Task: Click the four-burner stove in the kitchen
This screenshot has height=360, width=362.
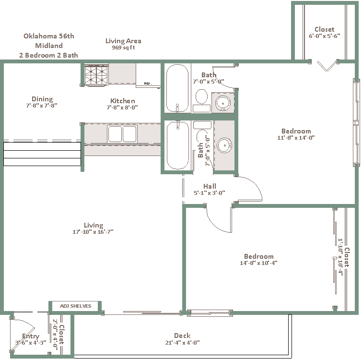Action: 96,75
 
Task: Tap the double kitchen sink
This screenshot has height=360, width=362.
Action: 122,133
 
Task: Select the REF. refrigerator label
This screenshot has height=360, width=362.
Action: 148,84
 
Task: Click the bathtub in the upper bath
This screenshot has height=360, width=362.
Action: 177,88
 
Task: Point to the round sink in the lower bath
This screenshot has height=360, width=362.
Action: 224,145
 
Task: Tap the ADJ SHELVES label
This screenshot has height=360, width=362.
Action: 75,306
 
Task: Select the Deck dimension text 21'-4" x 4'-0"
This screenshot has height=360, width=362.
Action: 182,342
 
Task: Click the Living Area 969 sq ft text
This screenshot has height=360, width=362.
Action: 123,44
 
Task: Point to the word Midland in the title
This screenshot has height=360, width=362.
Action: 49,46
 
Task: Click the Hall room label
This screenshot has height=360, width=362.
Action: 210,186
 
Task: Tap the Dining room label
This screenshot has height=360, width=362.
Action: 42,99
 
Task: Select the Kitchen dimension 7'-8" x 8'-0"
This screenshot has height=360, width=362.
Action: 122,107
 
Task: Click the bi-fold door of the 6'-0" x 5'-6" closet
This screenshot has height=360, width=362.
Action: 327,66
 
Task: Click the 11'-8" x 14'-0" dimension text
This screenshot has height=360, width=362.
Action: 296,137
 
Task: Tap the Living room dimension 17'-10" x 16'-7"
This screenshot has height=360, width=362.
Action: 93,231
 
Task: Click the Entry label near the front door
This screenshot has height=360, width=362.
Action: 31,336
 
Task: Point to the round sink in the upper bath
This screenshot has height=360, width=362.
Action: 223,103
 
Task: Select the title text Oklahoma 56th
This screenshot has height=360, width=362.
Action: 49,36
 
